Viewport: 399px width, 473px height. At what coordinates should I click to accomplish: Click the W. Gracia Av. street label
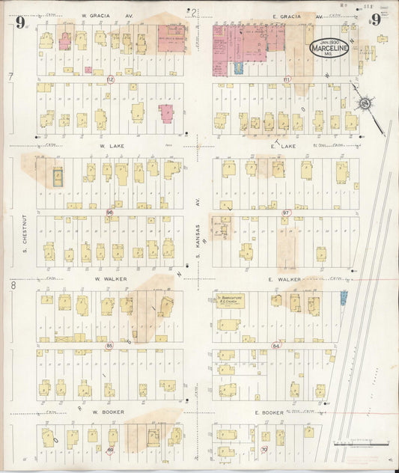tap(97, 15)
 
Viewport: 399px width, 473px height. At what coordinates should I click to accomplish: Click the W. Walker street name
tap(107, 278)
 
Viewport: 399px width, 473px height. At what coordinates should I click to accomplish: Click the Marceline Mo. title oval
tap(329, 49)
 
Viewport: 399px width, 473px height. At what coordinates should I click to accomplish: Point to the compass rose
tap(366, 103)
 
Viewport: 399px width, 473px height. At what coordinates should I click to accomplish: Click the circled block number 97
tap(285, 213)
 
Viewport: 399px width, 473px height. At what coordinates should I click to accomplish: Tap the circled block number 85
tap(109, 346)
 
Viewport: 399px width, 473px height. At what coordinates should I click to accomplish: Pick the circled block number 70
tap(264, 449)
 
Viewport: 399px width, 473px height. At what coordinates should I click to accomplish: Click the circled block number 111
tap(286, 79)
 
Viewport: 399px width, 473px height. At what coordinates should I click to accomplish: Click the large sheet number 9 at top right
tap(374, 20)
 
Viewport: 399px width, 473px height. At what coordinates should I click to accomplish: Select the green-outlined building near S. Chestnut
tap(58, 177)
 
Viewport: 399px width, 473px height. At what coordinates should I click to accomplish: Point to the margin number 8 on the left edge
tap(12, 285)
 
